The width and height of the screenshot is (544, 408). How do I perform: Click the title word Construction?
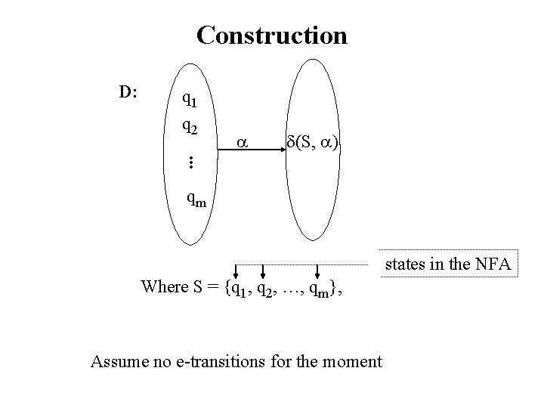pyautogui.click(x=271, y=36)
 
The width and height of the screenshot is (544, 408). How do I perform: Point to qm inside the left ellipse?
pyautogui.click(x=197, y=199)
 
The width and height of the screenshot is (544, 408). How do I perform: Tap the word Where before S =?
pyautogui.click(x=162, y=287)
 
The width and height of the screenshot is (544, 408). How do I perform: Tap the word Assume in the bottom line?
pyautogui.click(x=116, y=360)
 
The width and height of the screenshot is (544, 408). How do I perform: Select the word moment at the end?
pyautogui.click(x=353, y=360)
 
